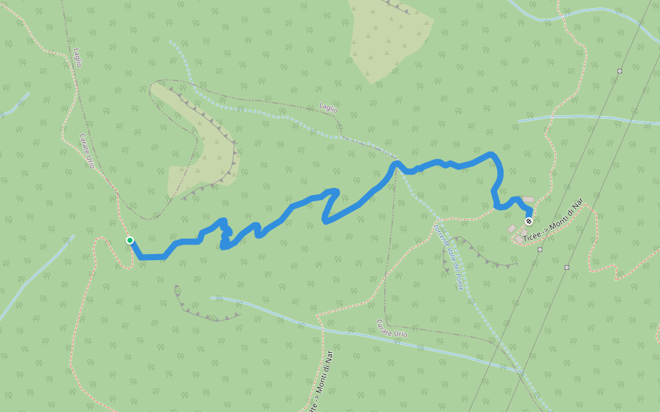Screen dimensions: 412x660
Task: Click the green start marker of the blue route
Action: tap(129, 240)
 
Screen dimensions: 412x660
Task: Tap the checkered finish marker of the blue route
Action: tap(529, 221)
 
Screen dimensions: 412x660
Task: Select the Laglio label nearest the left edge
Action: tap(78, 58)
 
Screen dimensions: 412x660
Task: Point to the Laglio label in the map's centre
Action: tap(329, 108)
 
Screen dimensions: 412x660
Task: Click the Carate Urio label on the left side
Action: tap(87, 151)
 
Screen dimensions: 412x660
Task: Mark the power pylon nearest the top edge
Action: tap(619, 71)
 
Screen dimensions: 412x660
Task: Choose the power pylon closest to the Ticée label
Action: tap(540, 249)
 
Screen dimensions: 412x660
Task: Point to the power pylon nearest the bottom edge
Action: tap(566, 267)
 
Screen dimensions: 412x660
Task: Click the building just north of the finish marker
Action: tap(528, 200)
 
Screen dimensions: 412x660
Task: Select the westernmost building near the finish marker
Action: tap(511, 228)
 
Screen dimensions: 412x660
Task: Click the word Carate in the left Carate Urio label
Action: tap(84, 142)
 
